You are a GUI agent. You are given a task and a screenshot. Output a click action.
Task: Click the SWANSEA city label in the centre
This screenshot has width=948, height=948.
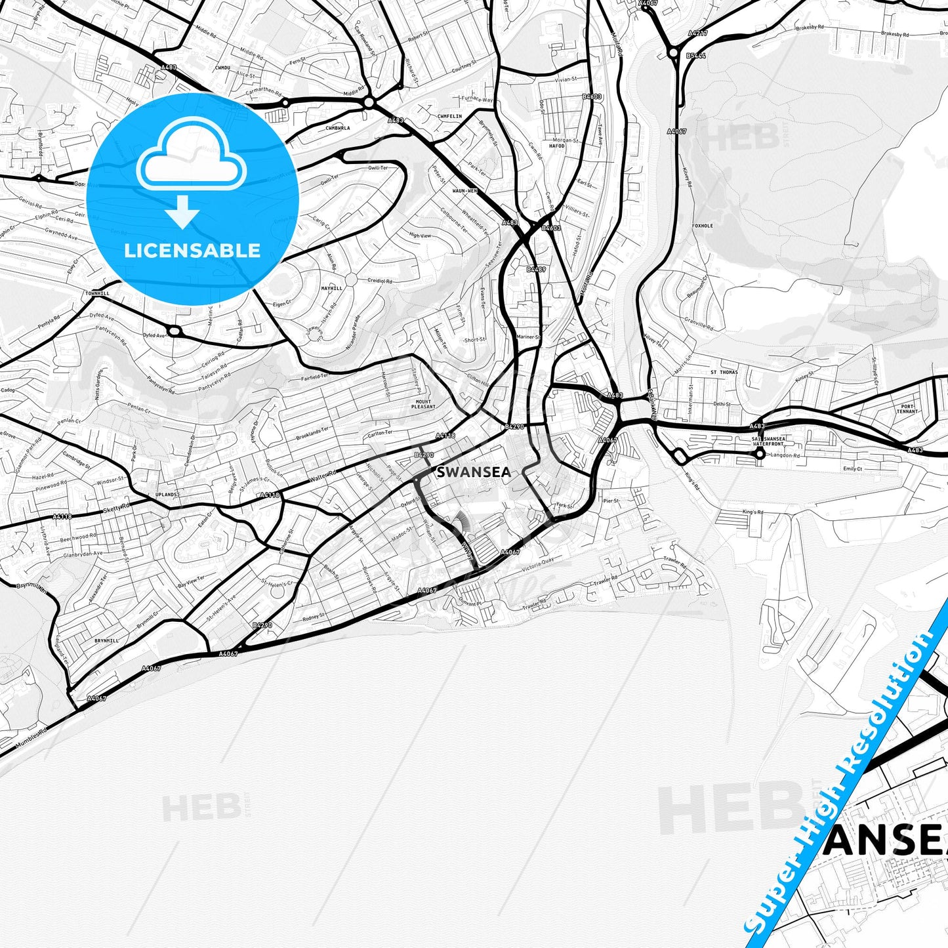(473, 471)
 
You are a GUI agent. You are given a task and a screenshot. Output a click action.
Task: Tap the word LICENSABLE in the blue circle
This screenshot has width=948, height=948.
(192, 251)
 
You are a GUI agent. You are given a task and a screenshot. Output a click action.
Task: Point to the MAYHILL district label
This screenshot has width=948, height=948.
(332, 288)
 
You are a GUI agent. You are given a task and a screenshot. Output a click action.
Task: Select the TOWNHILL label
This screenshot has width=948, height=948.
(96, 293)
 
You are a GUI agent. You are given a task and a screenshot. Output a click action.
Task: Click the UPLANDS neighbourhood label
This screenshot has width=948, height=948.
(166, 495)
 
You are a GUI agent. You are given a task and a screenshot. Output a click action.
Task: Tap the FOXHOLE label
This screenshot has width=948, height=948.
(702, 226)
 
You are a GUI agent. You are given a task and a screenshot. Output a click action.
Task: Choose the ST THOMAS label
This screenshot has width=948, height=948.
(724, 372)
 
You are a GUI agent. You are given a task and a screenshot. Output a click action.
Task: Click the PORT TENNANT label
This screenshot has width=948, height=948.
(907, 409)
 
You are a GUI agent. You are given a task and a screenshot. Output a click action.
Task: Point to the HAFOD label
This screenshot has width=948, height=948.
(556, 146)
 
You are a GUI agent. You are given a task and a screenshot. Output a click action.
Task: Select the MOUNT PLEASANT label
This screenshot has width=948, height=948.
(423, 404)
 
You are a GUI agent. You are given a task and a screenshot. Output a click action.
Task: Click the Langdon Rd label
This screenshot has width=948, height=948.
(785, 455)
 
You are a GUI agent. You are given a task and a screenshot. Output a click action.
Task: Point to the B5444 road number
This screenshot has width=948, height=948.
(695, 56)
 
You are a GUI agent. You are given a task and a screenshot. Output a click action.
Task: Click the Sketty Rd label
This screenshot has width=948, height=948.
(117, 508)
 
